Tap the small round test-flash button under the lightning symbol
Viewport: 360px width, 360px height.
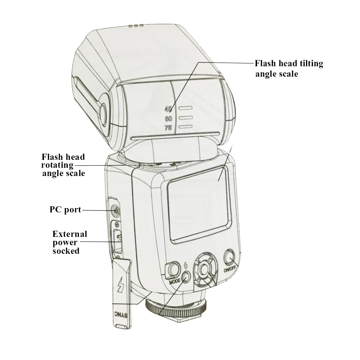click(186, 277)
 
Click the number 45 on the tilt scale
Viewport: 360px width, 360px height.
click(168, 109)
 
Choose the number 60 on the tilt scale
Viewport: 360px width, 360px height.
click(168, 119)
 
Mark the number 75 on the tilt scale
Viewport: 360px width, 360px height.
click(168, 128)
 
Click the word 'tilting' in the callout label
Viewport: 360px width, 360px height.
click(309, 63)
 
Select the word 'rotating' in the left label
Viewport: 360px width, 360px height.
click(57, 165)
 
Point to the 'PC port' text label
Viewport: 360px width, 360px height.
click(66, 210)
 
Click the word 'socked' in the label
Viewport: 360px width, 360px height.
click(66, 251)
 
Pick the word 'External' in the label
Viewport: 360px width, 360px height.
click(70, 234)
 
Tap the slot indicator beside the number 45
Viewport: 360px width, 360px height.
click(185, 108)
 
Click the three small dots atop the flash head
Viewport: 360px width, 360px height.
click(136, 26)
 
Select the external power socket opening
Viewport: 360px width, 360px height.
click(117, 239)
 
